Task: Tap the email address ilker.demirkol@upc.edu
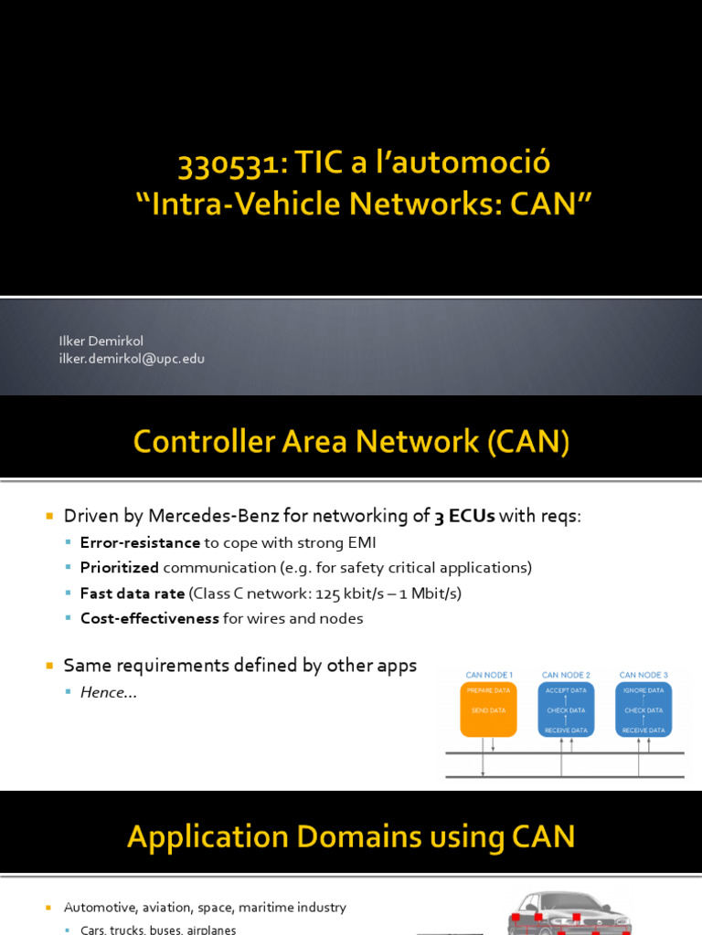[x=132, y=359]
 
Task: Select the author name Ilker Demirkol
[x=101, y=341]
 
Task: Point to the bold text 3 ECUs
[x=464, y=516]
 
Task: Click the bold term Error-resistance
[x=140, y=542]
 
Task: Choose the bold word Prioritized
[x=120, y=568]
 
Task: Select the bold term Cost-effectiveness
[x=150, y=618]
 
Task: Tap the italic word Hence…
[x=108, y=692]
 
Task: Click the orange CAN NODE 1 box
[x=487, y=709]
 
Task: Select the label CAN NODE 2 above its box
[x=566, y=675]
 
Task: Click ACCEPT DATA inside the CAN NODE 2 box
[x=566, y=691]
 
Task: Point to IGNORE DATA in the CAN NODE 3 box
[x=643, y=691]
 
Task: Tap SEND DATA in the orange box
[x=487, y=710]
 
